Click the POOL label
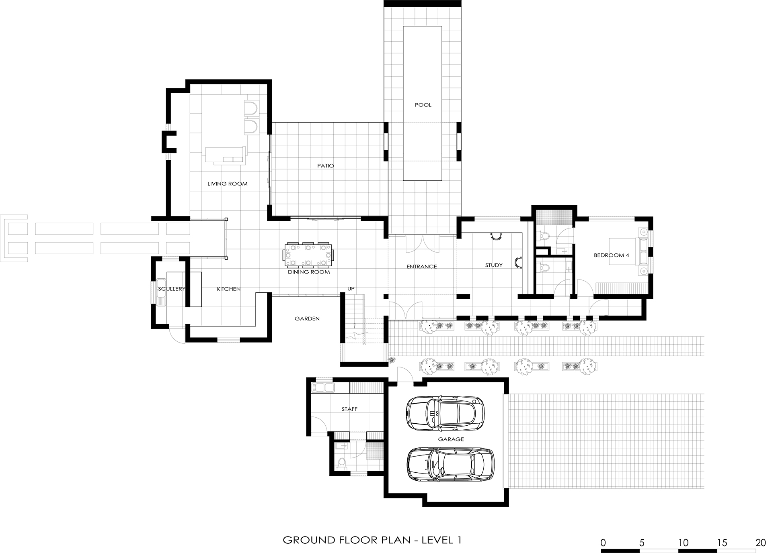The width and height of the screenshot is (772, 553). (423, 105)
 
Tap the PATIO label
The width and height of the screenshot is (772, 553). (326, 165)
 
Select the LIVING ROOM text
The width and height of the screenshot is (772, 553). (227, 184)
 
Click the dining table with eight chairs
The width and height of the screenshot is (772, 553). (309, 255)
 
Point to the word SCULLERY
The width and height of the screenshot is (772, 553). (171, 289)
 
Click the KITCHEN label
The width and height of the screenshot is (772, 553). (229, 289)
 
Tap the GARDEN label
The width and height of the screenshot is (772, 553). (307, 318)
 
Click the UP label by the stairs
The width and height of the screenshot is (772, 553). (351, 288)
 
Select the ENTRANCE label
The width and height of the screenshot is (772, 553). (421, 266)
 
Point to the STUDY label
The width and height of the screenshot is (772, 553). (494, 265)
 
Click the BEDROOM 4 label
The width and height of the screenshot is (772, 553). (611, 255)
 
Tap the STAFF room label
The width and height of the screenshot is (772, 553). (349, 409)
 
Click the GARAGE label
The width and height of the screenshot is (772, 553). (451, 439)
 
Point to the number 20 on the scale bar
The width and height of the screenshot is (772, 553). (760, 543)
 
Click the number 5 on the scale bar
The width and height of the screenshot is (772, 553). (642, 543)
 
